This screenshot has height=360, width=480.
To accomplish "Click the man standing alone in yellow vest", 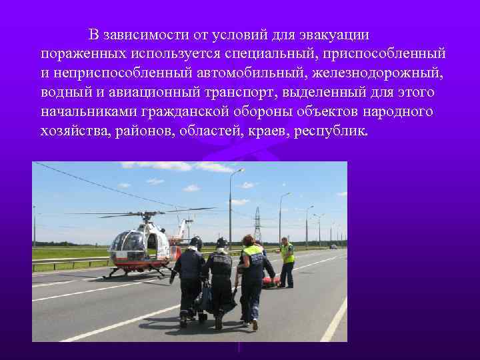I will (x=287, y=261).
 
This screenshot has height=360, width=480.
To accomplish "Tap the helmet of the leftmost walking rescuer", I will (x=195, y=243).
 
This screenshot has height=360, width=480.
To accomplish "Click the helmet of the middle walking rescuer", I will (x=221, y=243).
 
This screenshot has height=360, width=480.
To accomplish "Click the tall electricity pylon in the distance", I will (x=257, y=223).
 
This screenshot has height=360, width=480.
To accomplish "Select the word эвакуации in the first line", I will (x=326, y=34).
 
